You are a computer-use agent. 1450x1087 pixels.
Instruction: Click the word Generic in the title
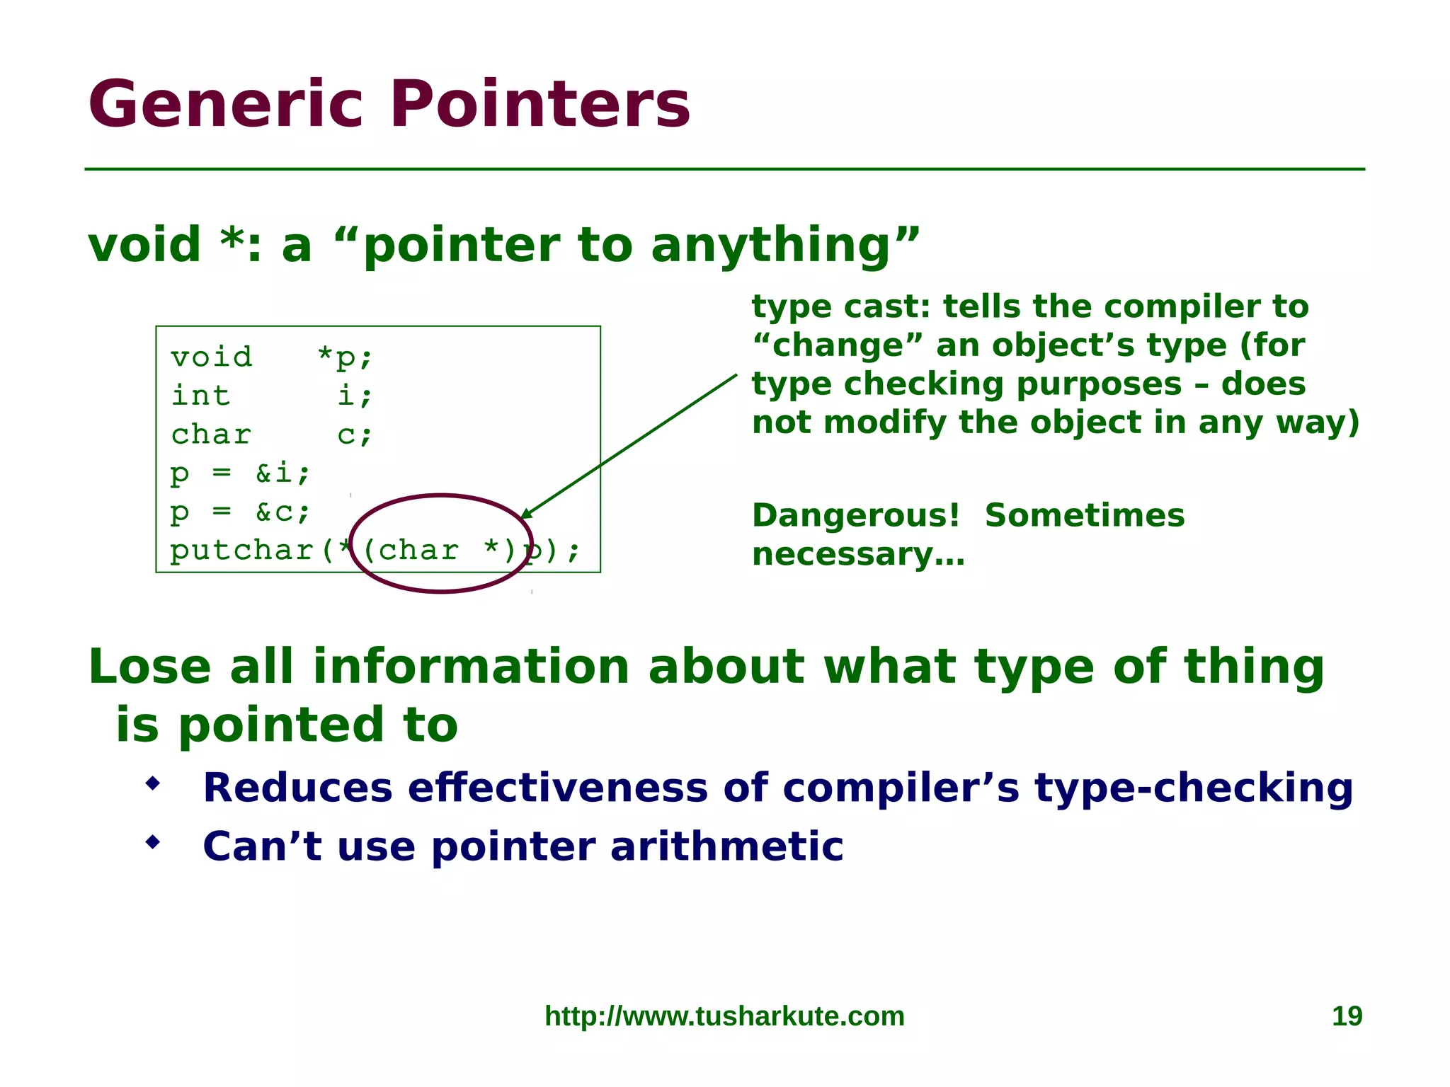point(225,105)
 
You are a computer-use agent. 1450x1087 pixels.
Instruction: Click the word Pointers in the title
point(540,105)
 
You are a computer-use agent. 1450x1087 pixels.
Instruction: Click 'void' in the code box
point(211,357)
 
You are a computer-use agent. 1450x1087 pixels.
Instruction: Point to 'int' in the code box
point(201,396)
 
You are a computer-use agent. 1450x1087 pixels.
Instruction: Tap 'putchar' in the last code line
point(242,551)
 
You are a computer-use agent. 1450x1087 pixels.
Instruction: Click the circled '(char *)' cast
point(440,550)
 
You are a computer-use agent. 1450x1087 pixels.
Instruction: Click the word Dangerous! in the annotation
point(855,515)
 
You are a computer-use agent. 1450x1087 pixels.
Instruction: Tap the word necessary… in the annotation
point(858,554)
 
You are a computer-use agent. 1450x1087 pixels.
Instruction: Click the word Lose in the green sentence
point(149,667)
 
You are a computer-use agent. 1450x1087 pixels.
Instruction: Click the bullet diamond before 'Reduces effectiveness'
point(152,783)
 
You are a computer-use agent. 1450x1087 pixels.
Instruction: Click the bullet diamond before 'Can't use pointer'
point(152,842)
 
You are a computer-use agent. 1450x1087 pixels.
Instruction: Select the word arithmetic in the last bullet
point(726,846)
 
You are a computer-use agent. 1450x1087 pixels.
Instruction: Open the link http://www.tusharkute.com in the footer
point(724,1016)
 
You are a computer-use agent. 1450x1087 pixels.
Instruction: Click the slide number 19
point(1347,1016)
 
